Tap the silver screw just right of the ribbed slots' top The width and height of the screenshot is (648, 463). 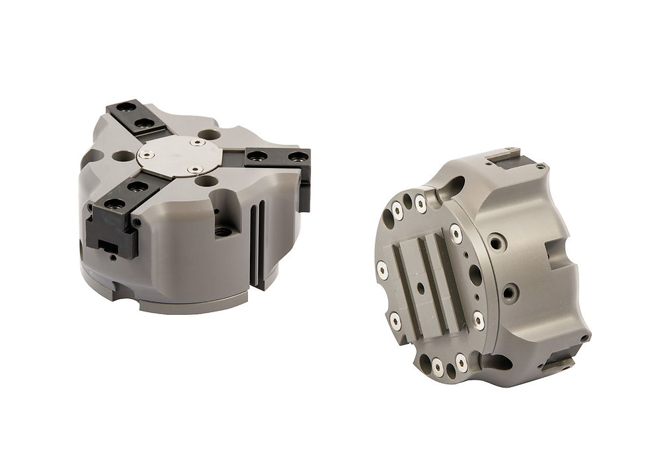click(x=456, y=233)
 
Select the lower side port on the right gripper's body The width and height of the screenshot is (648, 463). click(x=509, y=291)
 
